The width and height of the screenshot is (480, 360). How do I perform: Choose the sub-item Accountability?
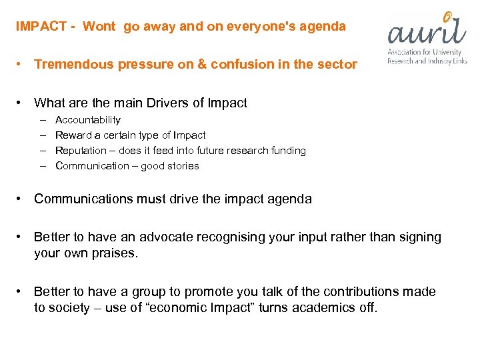(x=88, y=120)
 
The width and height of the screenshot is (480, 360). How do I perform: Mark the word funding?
(x=287, y=151)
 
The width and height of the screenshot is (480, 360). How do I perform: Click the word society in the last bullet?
(x=69, y=308)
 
